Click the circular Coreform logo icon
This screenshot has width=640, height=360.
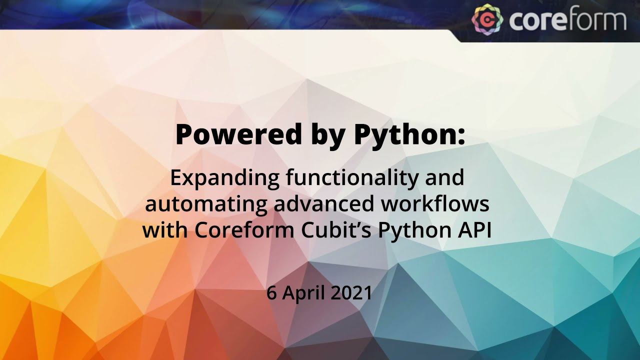tap(487, 19)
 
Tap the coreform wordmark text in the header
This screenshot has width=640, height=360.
tap(567, 20)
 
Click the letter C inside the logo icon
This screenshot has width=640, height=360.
tap(487, 19)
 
